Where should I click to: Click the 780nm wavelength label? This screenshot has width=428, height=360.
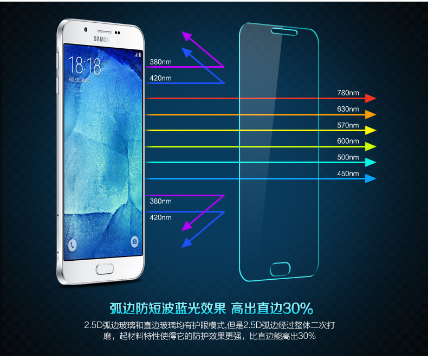click(348, 93)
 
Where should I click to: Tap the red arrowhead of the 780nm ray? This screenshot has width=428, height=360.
click(371, 98)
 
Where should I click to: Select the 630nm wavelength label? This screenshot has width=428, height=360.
click(348, 109)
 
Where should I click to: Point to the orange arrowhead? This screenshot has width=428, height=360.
click(371, 114)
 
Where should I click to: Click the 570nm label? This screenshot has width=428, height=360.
click(348, 125)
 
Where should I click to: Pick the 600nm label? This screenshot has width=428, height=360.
click(348, 141)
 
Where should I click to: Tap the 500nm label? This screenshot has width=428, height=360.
click(348, 157)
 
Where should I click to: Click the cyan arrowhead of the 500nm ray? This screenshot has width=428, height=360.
click(371, 162)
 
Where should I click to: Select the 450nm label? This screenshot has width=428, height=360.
click(348, 173)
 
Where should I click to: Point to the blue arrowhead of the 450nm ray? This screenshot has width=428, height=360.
click(371, 178)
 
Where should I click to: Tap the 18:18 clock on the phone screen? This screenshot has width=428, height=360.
click(85, 66)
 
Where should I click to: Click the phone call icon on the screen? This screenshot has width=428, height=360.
click(73, 245)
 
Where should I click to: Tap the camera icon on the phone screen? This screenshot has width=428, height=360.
click(134, 241)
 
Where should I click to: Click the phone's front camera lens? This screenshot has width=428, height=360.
click(86, 29)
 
